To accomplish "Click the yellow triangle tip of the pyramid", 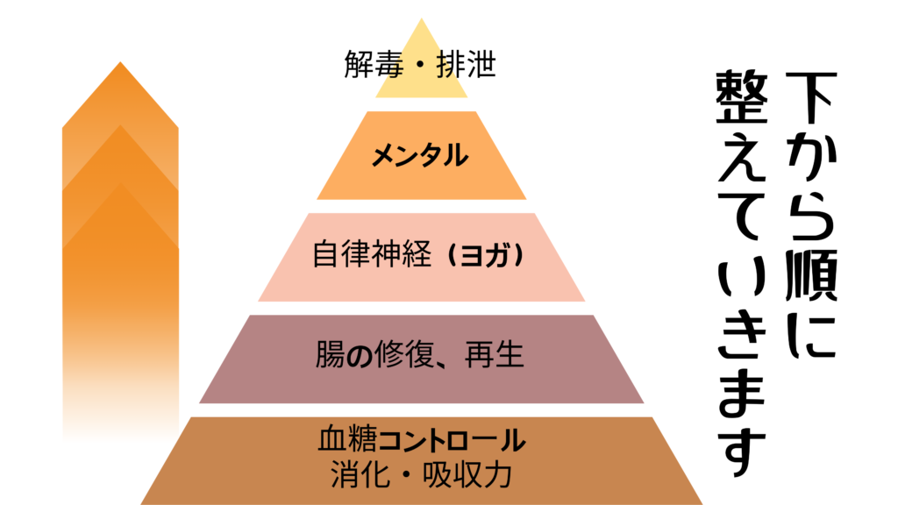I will coord(422,35).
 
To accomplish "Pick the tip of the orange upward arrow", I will coord(120,65).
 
